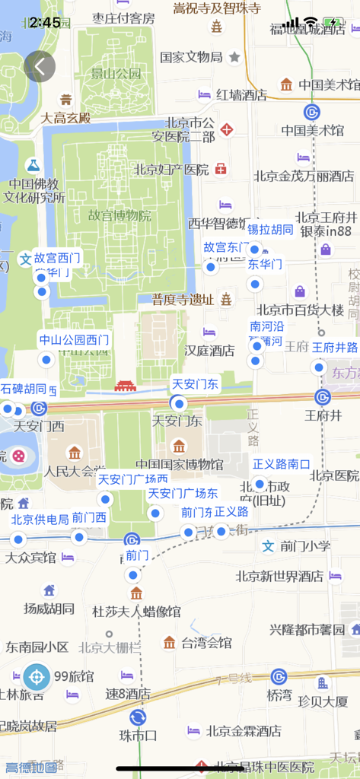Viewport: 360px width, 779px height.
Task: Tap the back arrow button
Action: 40,66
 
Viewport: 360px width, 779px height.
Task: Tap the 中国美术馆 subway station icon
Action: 311,112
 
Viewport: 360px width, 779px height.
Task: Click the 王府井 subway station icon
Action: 323,397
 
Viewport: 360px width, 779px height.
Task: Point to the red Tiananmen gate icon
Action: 124,387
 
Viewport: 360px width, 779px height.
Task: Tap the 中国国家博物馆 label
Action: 180,464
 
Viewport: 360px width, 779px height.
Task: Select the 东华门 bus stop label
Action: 265,265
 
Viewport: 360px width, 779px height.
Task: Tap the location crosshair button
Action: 35,676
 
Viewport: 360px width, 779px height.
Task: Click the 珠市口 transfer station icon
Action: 138,717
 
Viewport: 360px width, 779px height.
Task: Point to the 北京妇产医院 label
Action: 171,169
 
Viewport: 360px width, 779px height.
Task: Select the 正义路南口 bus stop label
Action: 282,463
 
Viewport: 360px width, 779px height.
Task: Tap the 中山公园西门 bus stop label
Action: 74,339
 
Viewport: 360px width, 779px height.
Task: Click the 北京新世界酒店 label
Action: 279,576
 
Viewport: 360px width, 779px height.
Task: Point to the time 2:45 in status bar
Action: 46,22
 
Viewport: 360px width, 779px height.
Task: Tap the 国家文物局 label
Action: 191,57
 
